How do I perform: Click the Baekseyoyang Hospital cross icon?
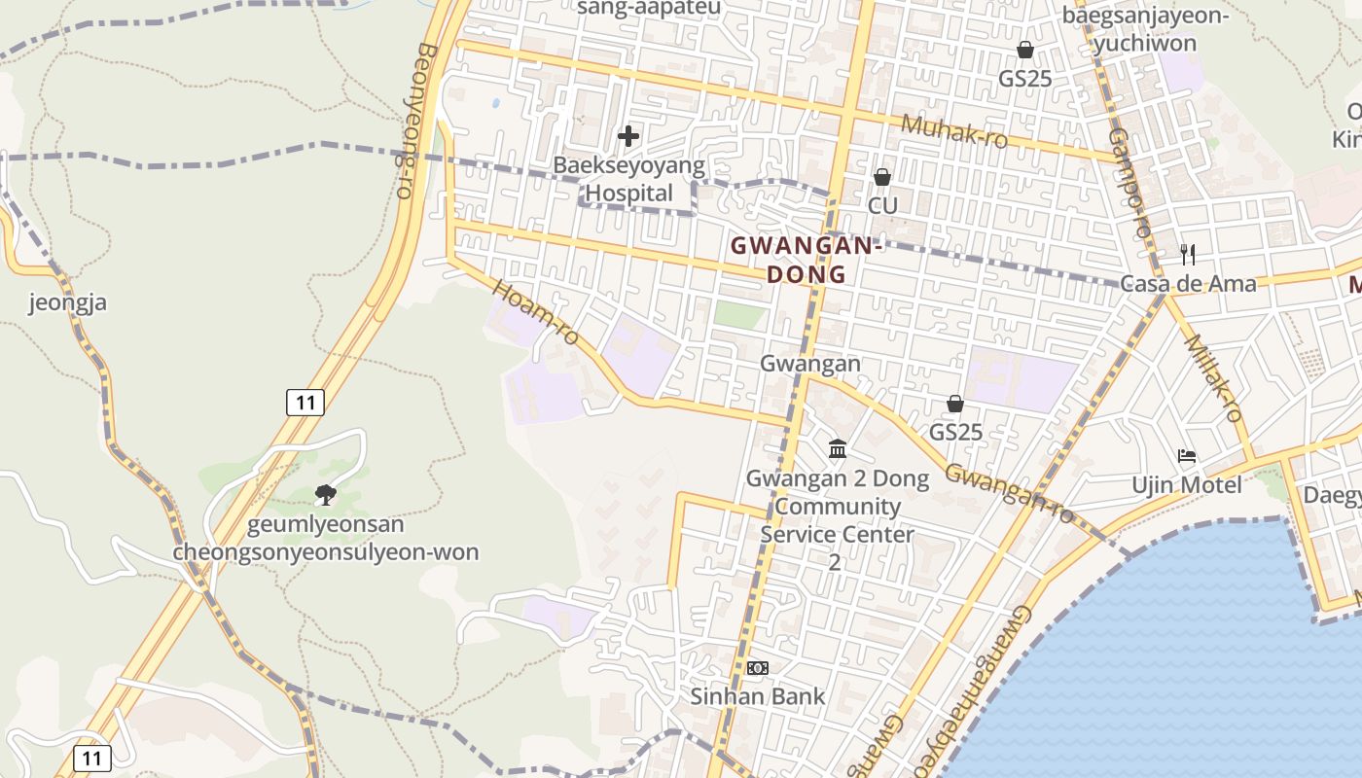(628, 136)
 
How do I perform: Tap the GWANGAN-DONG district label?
(806, 260)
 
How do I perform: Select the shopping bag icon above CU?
(882, 177)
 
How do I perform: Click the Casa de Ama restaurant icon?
(1187, 255)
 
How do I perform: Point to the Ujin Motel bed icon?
(1186, 455)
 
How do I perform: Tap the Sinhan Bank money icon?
(757, 668)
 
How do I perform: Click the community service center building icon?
(837, 448)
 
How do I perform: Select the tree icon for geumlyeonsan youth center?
(326, 495)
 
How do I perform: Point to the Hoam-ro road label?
(536, 313)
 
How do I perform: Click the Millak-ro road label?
(1214, 377)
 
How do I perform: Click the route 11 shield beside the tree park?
(305, 402)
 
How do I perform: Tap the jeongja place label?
(67, 302)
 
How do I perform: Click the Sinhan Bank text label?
(757, 696)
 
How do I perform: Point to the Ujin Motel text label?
(1186, 484)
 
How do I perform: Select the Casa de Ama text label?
(1188, 284)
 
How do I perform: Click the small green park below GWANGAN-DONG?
(739, 314)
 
